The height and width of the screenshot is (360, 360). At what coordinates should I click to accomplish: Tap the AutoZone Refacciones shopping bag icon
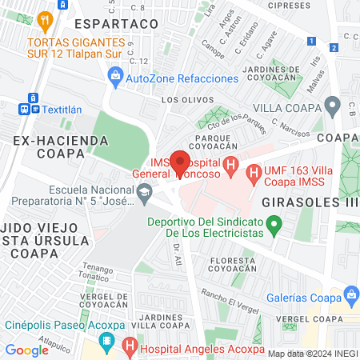pos(115,77)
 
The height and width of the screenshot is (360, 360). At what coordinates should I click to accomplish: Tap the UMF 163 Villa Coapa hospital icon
pos(253,170)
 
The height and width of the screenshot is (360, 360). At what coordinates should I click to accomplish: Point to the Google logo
pos(26,350)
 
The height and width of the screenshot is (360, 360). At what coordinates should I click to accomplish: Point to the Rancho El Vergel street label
pos(230,295)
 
